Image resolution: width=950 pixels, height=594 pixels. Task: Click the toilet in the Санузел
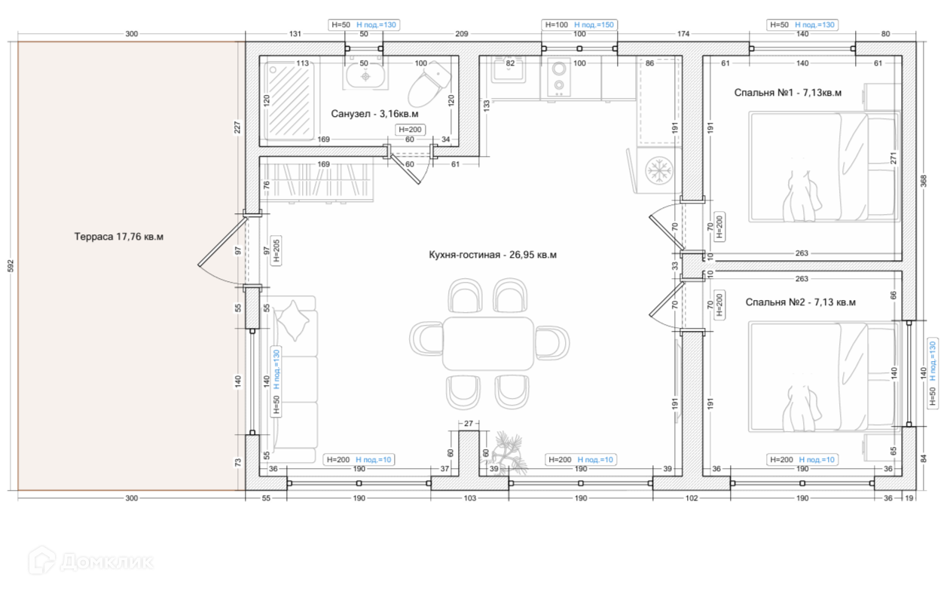429,84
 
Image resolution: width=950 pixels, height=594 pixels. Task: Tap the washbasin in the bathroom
365,76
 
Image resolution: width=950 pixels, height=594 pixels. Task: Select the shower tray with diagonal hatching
289,101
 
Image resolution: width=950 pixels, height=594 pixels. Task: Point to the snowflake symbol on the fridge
658,170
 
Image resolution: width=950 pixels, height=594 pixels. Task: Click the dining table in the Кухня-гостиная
488,344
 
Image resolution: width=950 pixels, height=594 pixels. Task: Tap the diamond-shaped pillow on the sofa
294,320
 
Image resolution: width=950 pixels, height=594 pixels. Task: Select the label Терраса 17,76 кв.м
119,237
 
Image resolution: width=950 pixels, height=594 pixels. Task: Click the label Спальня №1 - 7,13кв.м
787,93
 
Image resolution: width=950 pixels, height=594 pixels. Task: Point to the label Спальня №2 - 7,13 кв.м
800,302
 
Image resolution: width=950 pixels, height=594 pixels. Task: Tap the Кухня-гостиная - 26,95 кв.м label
493,255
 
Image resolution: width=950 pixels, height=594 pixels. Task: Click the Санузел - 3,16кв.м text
374,114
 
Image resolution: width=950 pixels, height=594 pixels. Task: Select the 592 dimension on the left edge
11,266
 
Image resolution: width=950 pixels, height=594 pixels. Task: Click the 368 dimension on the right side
924,181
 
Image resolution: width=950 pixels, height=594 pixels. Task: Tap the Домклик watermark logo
90,561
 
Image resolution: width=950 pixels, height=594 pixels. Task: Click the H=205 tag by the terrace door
276,251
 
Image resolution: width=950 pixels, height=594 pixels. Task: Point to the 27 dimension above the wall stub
468,424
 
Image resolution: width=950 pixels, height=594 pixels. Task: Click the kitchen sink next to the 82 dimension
508,70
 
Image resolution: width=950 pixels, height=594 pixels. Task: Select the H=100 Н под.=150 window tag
579,25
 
